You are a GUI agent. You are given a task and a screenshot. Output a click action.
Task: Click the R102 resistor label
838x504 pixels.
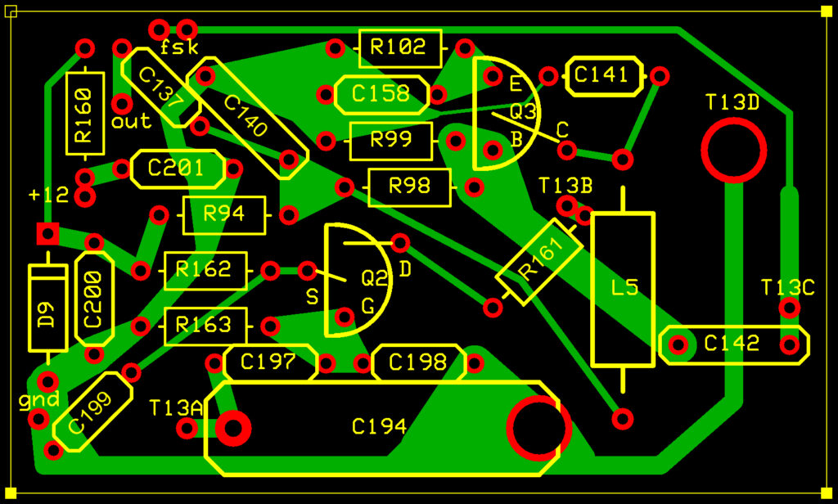click(399, 47)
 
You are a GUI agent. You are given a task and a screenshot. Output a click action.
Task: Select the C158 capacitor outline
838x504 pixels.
click(381, 94)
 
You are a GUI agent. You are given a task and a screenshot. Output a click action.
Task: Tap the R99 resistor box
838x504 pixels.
click(390, 141)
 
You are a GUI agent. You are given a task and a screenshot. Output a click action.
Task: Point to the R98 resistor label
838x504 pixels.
click(409, 187)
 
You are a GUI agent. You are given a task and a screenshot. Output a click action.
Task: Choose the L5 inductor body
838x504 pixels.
click(624, 288)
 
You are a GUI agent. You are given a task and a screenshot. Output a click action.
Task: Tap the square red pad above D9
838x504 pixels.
click(47, 234)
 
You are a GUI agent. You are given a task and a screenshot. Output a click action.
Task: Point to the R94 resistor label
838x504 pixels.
click(224, 215)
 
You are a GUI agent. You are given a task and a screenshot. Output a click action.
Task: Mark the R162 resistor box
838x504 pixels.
click(205, 270)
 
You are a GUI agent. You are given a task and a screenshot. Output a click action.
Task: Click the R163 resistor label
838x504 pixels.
click(205, 326)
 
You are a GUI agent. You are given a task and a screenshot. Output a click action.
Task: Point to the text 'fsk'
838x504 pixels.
click(179, 47)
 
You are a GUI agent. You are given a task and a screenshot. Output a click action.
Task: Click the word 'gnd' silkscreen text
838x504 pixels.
click(39, 400)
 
